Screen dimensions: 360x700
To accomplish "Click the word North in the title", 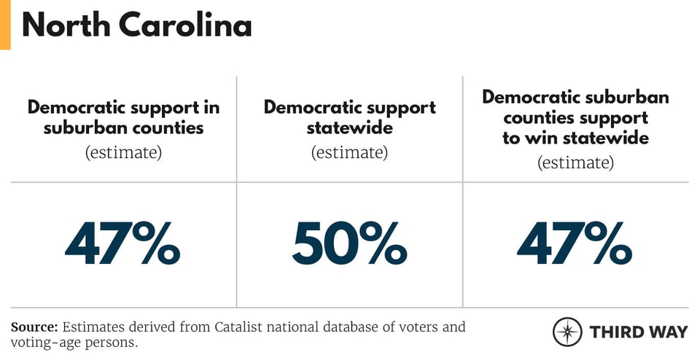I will (x=65, y=26).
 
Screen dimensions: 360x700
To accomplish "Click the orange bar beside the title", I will (x=5, y=25).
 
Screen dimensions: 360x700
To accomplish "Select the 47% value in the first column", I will (x=122, y=244).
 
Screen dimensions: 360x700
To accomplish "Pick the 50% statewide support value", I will (x=349, y=244).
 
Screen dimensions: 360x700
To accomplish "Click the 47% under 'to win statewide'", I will (x=575, y=244).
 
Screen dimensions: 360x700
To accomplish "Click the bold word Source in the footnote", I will (x=34, y=327).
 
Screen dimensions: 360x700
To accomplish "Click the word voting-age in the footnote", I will (x=47, y=342).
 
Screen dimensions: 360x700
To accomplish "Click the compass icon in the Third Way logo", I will (x=567, y=332).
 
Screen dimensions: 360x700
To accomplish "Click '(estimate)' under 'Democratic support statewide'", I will (x=349, y=153).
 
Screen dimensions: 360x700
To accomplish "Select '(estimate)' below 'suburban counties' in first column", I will (x=123, y=153).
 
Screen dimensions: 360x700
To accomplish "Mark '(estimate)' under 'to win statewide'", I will (x=575, y=162).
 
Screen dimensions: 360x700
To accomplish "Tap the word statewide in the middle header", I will (x=349, y=128).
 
